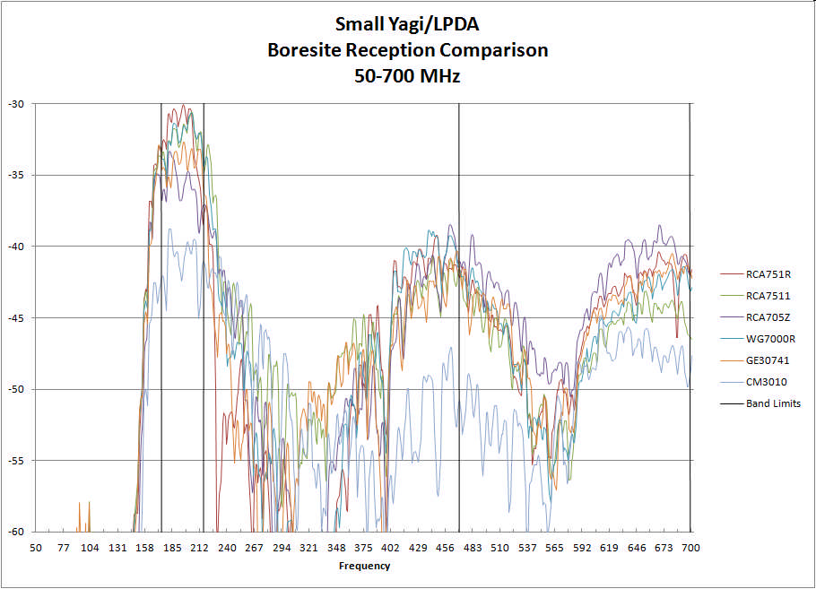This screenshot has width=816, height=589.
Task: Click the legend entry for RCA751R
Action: (x=768, y=274)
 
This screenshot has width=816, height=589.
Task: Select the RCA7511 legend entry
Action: (x=768, y=296)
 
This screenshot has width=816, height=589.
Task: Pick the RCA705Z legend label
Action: (x=768, y=317)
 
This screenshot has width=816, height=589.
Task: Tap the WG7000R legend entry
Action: (x=770, y=339)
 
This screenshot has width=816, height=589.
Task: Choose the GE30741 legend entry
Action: (x=768, y=360)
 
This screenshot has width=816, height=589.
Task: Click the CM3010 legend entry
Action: (x=767, y=382)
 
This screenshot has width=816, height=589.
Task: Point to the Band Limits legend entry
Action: (x=773, y=403)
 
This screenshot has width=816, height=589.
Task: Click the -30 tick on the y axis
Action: (x=17, y=104)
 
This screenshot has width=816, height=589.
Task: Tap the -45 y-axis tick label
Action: (x=17, y=318)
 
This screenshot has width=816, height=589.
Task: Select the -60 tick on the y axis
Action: (x=17, y=532)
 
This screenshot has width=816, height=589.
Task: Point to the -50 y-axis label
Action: (x=17, y=389)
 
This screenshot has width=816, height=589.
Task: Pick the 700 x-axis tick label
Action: (x=690, y=547)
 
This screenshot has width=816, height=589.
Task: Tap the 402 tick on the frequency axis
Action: (x=390, y=547)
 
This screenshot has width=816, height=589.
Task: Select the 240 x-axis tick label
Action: (x=227, y=547)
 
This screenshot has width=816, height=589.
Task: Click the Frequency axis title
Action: (x=364, y=566)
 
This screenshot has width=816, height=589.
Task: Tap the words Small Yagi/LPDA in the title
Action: (x=408, y=24)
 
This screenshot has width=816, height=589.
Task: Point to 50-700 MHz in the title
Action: (x=408, y=76)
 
